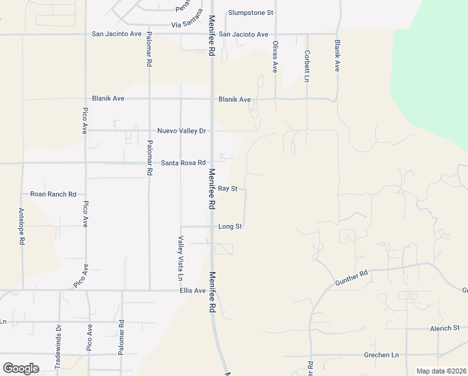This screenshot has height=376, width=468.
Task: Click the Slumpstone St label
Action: tap(251, 13)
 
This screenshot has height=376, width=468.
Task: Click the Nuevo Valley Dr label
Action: tap(181, 131)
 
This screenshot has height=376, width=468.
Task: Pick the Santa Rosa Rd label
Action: tap(183, 163)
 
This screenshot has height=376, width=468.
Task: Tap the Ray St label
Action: tap(228, 189)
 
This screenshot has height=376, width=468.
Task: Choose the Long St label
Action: tap(230, 226)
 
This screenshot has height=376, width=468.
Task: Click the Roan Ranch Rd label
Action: tap(53, 195)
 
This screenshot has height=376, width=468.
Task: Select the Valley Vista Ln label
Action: tap(180, 258)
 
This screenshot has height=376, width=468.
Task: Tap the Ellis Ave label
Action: tap(192, 291)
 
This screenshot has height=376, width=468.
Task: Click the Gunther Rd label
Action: tap(353, 274)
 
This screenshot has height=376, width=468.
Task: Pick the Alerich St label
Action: tap(444, 328)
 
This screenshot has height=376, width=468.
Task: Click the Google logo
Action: tap(21, 368)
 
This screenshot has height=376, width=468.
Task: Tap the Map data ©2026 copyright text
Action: tap(440, 371)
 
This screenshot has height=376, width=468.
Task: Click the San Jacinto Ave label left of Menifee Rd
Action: tap(117, 34)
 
